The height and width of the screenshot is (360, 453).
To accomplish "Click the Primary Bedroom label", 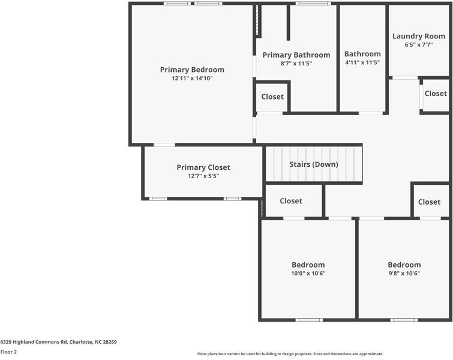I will click(x=192, y=70).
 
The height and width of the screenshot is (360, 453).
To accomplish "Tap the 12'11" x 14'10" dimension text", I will click(x=192, y=79).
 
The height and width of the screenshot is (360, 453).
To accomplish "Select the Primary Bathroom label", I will click(x=296, y=55).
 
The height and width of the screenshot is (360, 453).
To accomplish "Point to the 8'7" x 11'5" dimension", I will click(x=296, y=63).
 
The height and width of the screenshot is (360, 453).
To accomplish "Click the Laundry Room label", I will click(x=419, y=36).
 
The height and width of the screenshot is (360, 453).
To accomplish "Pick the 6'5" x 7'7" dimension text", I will click(x=419, y=44).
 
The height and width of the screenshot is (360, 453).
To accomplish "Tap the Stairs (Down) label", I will click(x=314, y=164).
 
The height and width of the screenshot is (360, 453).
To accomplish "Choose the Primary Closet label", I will click(x=203, y=167).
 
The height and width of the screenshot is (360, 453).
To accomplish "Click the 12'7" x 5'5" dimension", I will click(x=203, y=176).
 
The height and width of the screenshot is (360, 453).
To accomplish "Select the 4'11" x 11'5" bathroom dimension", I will click(x=362, y=62).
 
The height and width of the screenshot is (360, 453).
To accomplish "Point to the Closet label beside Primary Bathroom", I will click(x=272, y=97).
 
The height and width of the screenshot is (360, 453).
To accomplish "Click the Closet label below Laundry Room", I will click(x=436, y=94).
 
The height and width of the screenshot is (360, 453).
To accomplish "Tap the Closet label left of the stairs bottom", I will click(x=291, y=201).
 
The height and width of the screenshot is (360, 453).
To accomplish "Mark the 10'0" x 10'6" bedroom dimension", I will click(x=308, y=274).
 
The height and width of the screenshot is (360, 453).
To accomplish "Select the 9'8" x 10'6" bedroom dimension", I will click(x=404, y=274).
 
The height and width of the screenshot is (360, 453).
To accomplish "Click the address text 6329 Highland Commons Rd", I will click(x=58, y=342).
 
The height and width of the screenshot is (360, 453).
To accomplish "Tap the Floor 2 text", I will click(x=8, y=352).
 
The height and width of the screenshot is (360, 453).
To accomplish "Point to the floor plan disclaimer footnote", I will click(x=290, y=354).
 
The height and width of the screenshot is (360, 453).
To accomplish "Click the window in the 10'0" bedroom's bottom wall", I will click(x=308, y=320).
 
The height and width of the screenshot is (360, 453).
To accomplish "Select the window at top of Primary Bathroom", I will click(x=313, y=4).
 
